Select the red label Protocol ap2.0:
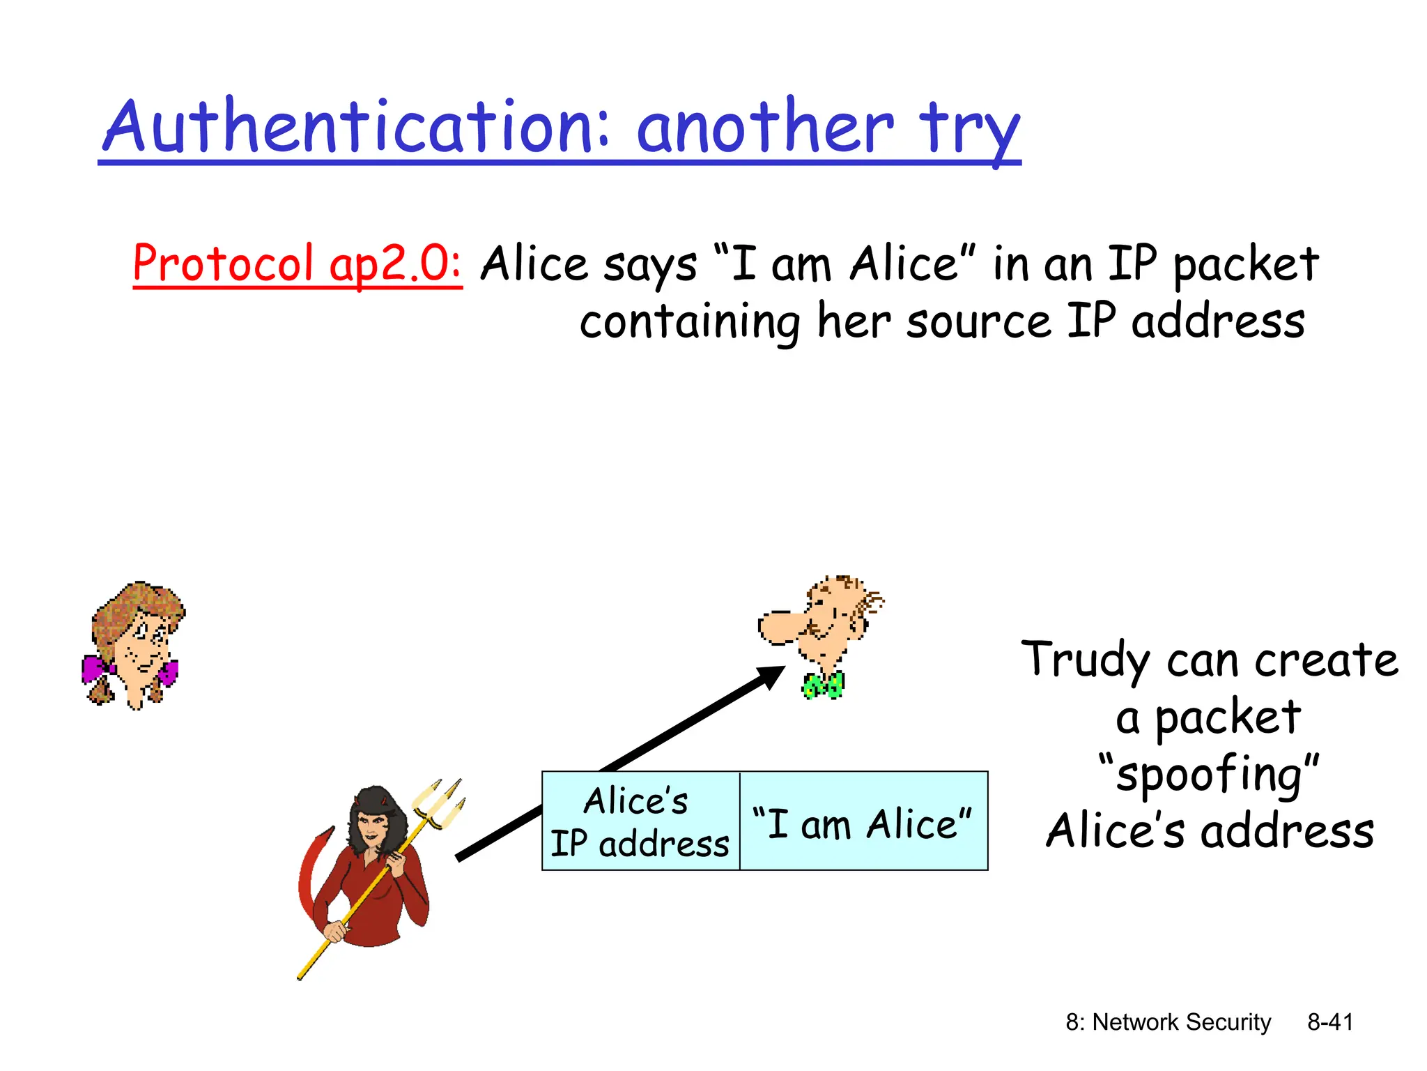(x=297, y=264)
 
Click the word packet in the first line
(x=1245, y=265)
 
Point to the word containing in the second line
(x=689, y=322)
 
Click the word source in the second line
(x=978, y=322)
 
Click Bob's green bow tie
(x=824, y=685)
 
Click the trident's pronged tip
(x=439, y=802)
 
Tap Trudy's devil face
(x=373, y=828)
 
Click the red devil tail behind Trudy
(x=310, y=872)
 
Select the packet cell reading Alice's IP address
(x=640, y=821)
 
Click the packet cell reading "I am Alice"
(x=863, y=823)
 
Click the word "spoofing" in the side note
(x=1208, y=774)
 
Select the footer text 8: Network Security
(x=1168, y=1022)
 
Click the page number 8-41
(x=1329, y=1022)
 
